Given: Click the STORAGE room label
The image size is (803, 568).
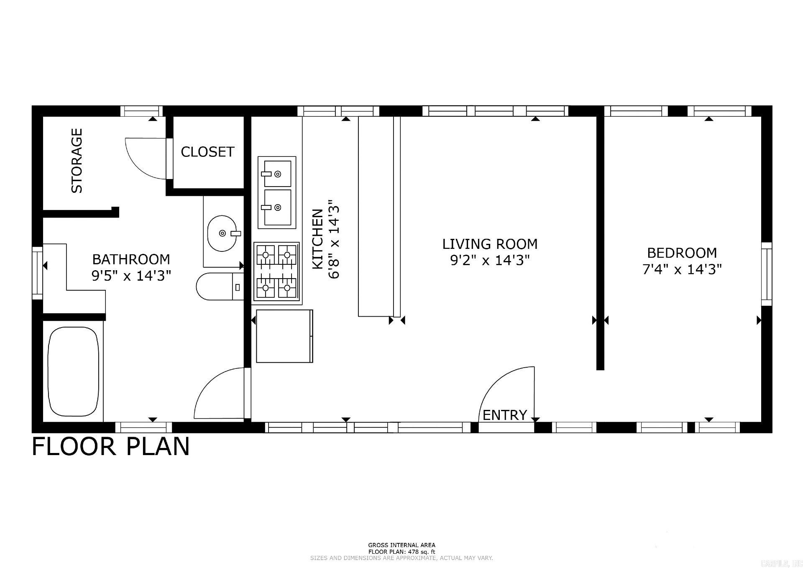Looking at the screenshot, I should pos(77,161).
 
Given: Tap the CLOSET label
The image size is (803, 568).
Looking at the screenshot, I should pos(207,151).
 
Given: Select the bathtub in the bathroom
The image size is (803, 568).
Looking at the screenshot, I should pos(73,371).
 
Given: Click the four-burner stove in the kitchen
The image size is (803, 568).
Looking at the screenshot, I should pos(276,272).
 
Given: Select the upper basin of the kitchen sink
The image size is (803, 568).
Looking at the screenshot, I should pos(277,174).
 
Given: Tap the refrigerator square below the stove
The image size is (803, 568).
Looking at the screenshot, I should pos(284,336).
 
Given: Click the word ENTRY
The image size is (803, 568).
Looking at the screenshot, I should pos(505,415).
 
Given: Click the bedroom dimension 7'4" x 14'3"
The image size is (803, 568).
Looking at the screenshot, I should pos(682,269).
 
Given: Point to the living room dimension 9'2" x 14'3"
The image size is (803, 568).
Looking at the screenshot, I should pos(490,261).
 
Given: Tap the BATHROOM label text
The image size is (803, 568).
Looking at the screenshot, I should pos(131,259).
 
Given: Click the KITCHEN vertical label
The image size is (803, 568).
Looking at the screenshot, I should pos(318,239).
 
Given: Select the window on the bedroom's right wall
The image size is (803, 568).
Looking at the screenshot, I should pos(766,274).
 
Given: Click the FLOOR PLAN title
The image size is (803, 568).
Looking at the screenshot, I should pos(111,446).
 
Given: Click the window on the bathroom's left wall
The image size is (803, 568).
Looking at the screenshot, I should pos(38,273).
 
